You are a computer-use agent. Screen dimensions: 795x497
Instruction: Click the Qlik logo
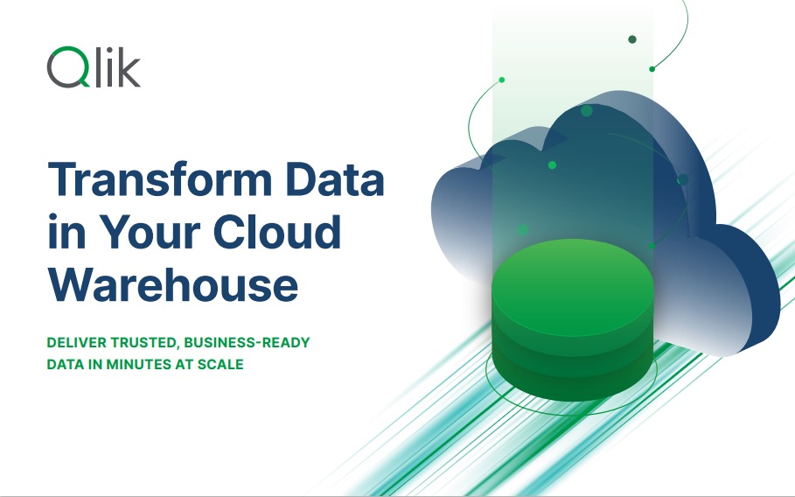94,67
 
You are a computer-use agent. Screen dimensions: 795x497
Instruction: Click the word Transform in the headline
160,178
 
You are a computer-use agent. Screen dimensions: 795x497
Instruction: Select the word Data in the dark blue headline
334,178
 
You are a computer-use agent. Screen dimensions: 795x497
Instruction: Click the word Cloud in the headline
277,231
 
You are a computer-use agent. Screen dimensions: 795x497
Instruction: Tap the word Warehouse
173,284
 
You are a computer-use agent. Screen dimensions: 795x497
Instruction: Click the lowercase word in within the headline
66,231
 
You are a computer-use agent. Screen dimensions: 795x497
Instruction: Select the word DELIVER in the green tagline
77,343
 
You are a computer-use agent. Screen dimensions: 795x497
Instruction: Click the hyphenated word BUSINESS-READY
247,343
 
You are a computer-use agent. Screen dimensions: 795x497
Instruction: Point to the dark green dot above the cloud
632,39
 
